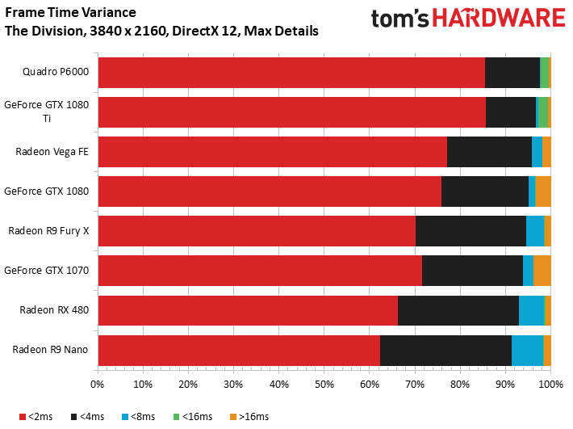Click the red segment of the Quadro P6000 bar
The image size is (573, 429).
point(291,73)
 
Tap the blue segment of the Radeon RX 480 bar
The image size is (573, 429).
point(531,310)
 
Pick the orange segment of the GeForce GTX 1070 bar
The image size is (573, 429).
point(542,271)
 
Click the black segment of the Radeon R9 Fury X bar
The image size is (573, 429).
point(471,231)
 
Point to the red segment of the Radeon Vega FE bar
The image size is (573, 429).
point(272,152)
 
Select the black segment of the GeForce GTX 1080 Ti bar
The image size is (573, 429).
point(511,112)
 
